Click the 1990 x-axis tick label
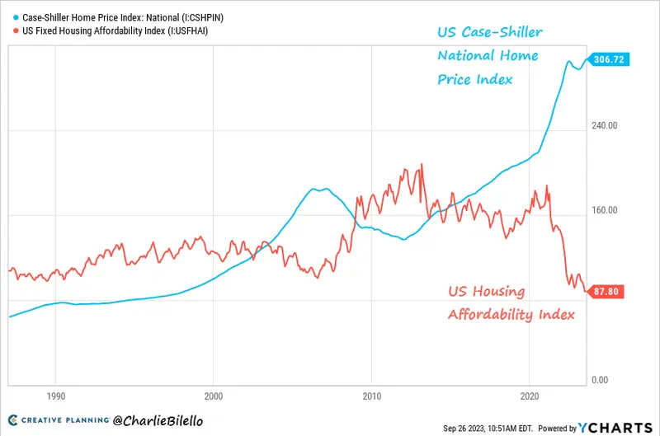point(56,396)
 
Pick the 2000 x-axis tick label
point(214,396)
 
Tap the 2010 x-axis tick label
point(371,396)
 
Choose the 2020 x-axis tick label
point(529,396)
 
